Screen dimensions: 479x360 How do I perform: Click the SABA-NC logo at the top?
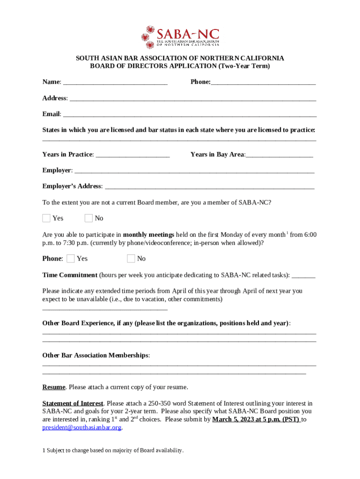pyautogui.click(x=180, y=37)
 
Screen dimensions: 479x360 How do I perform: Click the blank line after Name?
pyautogui.click(x=115, y=83)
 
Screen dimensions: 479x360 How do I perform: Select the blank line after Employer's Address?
pyautogui.click(x=209, y=188)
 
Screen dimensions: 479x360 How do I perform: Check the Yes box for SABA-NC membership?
pyautogui.click(x=46, y=218)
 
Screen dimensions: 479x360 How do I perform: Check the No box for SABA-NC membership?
pyautogui.click(x=89, y=218)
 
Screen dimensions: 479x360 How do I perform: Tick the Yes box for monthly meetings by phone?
pyautogui.click(x=71, y=258)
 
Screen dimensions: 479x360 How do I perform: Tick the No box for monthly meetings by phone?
pyautogui.click(x=131, y=258)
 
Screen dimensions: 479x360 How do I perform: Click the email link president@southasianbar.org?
pyautogui.click(x=82, y=428)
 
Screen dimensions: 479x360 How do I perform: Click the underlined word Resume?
pyautogui.click(x=54, y=387)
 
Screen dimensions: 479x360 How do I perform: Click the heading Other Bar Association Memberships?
pyautogui.click(x=95, y=356)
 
